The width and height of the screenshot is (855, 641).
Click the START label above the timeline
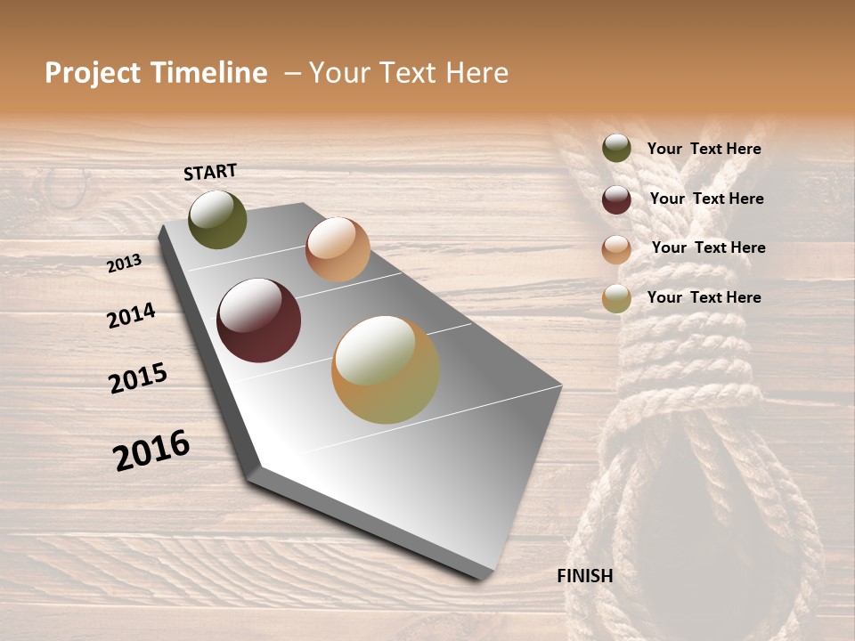[x=210, y=172]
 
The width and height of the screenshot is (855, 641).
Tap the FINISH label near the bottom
[x=584, y=576]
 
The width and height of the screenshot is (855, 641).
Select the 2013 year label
[x=124, y=264]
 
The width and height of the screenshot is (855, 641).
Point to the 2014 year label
[x=131, y=315]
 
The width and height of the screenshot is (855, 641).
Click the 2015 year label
[x=138, y=378]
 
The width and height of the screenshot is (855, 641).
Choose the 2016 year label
[x=151, y=450]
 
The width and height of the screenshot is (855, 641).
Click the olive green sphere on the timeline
[x=217, y=220]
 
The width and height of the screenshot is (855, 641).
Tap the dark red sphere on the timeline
[x=258, y=320]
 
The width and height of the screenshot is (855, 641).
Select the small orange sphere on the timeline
[x=338, y=249]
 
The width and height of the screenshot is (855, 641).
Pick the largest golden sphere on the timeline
[x=386, y=369]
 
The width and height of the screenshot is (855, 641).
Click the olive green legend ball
[x=616, y=148]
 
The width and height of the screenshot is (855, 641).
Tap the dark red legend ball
[x=616, y=199]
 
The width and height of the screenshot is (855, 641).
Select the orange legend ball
[x=616, y=249]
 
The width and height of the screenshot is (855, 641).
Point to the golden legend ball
[x=616, y=298]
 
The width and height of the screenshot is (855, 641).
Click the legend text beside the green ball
[x=704, y=149]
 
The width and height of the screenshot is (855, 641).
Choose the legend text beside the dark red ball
[x=706, y=199]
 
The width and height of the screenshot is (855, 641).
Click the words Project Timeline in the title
[x=156, y=73]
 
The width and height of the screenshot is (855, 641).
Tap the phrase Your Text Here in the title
[x=409, y=73]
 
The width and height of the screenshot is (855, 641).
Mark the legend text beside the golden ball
[x=704, y=297]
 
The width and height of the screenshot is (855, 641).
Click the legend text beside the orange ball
[x=708, y=247]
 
